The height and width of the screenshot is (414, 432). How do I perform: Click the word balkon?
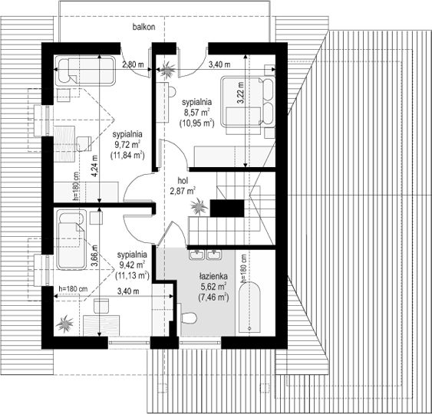(x=143, y=27)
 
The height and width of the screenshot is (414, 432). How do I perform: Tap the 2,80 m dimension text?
(x=133, y=64)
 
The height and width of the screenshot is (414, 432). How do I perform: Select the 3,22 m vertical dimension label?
(x=240, y=93)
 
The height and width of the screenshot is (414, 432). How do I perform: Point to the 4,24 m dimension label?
(x=94, y=166)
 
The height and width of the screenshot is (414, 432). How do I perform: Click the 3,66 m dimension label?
(x=94, y=256)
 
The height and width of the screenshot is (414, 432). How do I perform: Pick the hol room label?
(x=183, y=181)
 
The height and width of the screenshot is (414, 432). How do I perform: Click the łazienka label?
(x=213, y=276)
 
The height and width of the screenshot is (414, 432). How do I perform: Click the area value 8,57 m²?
(x=196, y=113)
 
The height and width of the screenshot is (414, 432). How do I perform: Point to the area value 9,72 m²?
(x=127, y=145)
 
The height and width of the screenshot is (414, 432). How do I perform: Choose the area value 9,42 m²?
(x=132, y=264)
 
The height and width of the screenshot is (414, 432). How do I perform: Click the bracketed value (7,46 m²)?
(x=213, y=297)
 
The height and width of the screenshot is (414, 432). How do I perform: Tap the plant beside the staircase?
(x=199, y=206)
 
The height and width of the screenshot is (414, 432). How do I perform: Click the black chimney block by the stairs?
(x=227, y=208)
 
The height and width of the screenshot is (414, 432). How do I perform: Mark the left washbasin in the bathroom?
(x=197, y=255)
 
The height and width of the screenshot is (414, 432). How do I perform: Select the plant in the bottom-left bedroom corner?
(x=64, y=324)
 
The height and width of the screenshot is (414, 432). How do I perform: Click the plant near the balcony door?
(x=167, y=70)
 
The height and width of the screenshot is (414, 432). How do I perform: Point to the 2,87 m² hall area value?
(x=183, y=191)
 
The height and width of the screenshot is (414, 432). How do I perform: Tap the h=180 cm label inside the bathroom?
(x=243, y=268)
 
